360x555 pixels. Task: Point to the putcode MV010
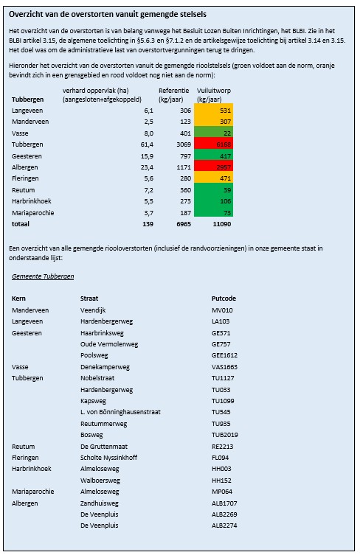pos(222,311)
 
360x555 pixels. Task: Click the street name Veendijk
pos(93,311)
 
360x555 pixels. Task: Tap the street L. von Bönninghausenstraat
pos(120,412)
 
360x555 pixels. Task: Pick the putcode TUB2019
pos(225,435)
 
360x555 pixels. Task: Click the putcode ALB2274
pos(225,526)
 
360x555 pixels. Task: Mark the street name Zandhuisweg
pos(100,503)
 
